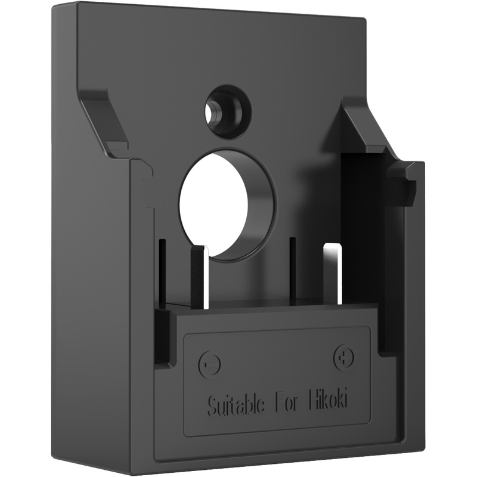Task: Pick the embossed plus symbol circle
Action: point(343,357)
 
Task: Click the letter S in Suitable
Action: point(210,407)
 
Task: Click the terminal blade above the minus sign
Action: point(198,275)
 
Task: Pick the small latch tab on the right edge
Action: point(403,182)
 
